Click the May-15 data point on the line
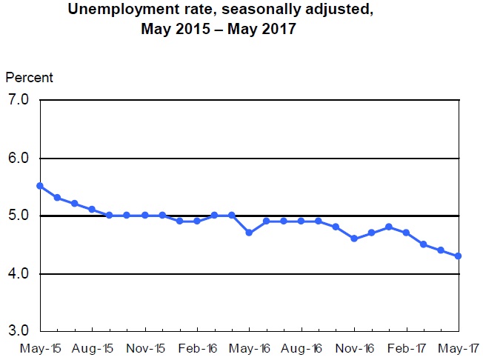click(x=40, y=186)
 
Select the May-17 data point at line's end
click(x=459, y=256)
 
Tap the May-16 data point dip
click(x=250, y=233)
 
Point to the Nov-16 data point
click(x=354, y=239)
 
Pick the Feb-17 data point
click(x=406, y=233)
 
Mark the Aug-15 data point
click(x=93, y=210)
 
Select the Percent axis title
click(x=30, y=78)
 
